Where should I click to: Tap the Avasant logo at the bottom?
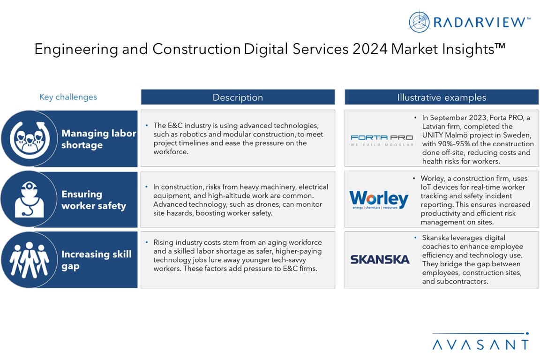480,341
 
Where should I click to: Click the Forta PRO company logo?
382,140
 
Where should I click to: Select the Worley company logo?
379,200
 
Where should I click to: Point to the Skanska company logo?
380,259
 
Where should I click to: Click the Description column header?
238,97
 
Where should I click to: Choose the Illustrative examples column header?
442,97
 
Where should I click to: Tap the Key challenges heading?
68,97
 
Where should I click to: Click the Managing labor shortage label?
98,139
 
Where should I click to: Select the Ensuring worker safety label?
94,200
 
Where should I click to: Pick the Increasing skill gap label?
97,260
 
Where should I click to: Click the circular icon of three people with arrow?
30,138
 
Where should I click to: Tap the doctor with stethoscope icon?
29,199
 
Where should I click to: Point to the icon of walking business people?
30,260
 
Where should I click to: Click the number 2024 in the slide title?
370,49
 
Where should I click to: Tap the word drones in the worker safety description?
266,204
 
